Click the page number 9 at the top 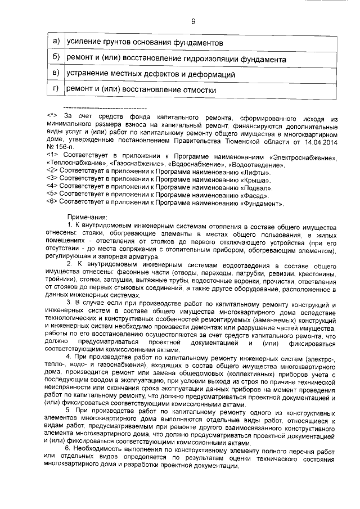click(193, 21)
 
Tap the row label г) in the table click(56, 89)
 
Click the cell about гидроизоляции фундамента click(176, 58)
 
